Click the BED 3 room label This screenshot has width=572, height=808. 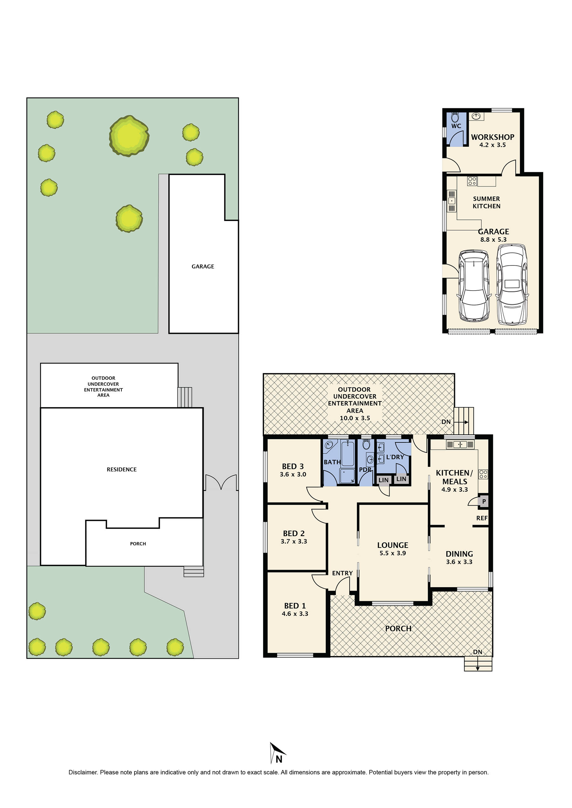(292, 466)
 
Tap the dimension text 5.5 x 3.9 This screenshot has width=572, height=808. (392, 553)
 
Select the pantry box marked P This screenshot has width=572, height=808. (484, 501)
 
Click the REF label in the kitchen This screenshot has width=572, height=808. (481, 518)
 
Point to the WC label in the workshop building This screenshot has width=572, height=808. (456, 126)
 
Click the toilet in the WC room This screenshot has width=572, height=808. (455, 117)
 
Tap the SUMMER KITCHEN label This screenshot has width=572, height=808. (486, 202)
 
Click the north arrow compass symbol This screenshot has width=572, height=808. (277, 754)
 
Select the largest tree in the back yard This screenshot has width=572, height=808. (129, 136)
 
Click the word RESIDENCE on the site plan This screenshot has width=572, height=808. (121, 469)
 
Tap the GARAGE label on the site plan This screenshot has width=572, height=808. (202, 266)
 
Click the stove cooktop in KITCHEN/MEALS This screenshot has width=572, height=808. (483, 474)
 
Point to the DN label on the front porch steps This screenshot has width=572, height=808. (477, 652)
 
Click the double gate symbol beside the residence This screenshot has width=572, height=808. (221, 483)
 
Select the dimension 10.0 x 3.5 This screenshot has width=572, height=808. (355, 418)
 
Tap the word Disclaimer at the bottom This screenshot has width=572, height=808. (82, 772)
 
